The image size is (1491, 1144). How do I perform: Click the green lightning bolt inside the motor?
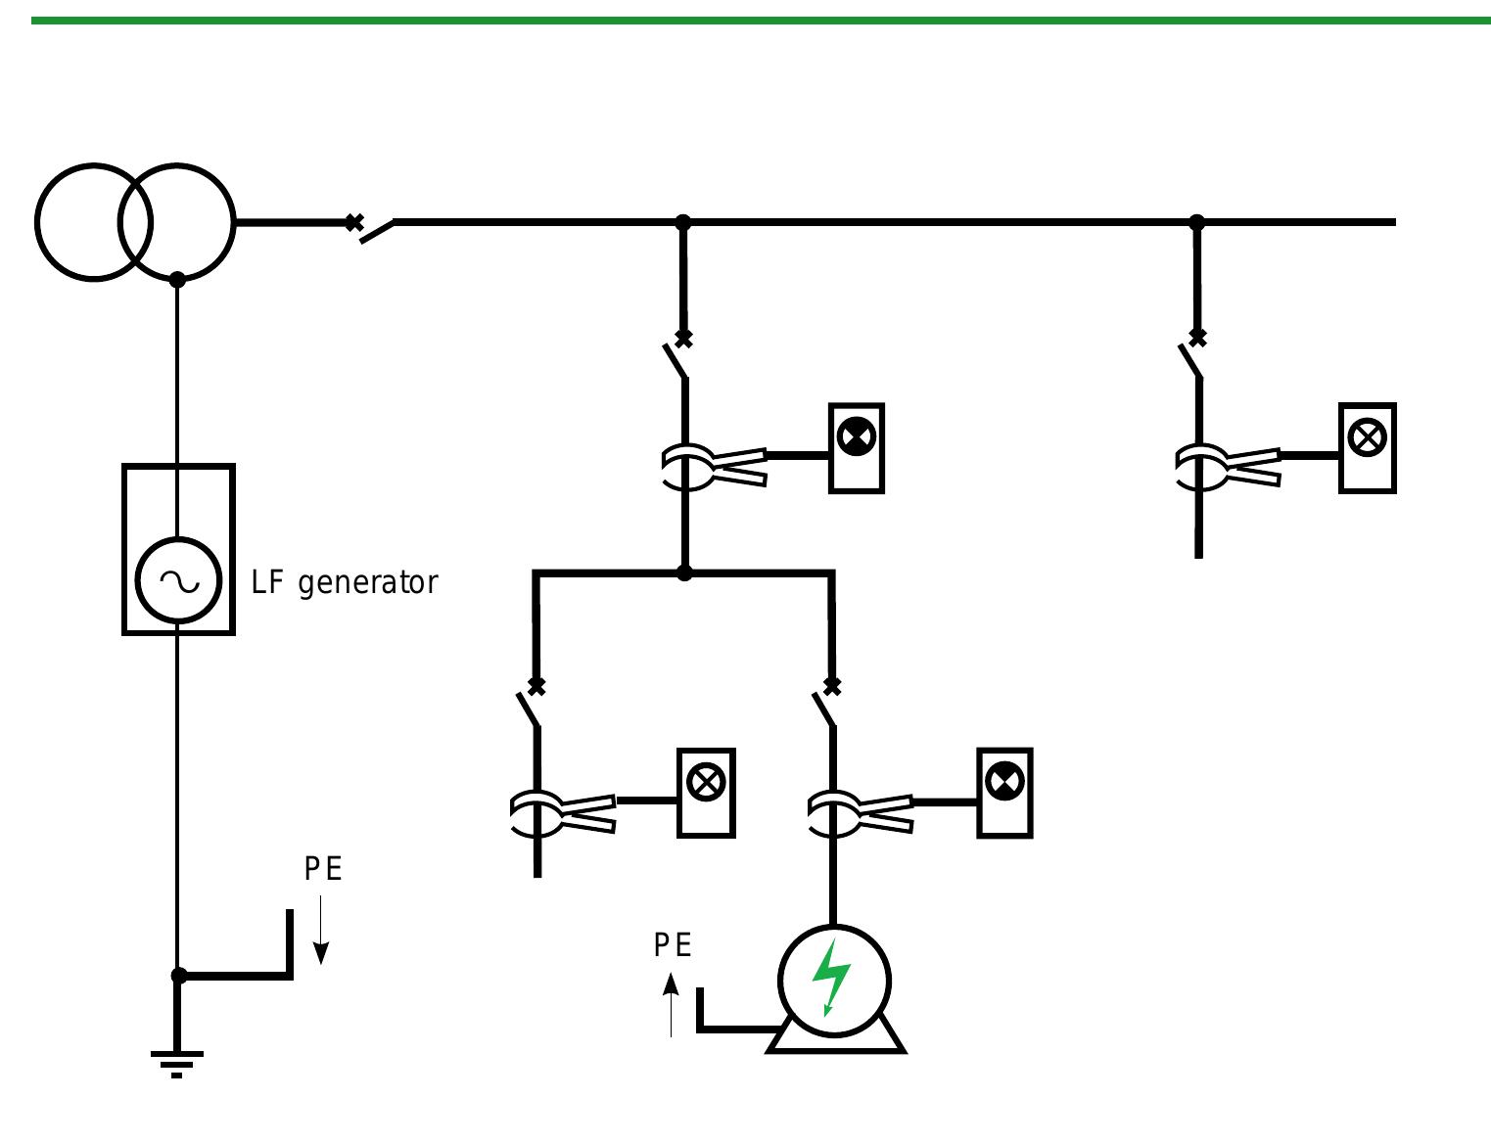[832, 978]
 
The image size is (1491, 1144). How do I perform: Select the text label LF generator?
[345, 582]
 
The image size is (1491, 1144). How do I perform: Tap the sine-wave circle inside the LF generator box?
[178, 581]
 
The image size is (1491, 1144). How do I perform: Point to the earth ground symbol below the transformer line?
[177, 1062]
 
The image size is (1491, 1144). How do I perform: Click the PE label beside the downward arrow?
[323, 869]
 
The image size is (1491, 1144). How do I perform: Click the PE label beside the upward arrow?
[673, 945]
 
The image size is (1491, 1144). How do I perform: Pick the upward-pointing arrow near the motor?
[671, 1003]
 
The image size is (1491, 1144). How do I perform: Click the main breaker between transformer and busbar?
[372, 228]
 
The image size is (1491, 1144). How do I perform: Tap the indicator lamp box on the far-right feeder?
[1367, 447]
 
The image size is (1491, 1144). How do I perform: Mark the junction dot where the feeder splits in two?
[684, 572]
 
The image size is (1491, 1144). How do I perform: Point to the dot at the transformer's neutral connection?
[177, 280]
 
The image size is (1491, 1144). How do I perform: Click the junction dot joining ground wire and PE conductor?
[178, 976]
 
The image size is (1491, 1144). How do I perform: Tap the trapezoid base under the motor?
[835, 1040]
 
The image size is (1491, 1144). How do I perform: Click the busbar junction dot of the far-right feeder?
[1196, 223]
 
